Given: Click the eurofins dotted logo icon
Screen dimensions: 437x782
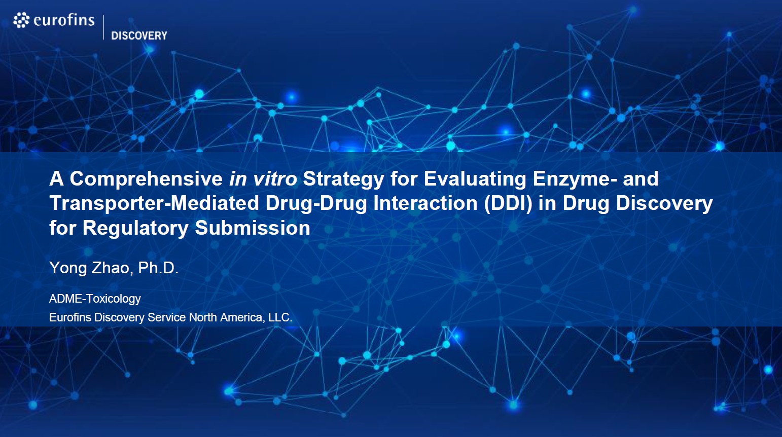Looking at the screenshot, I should (x=21, y=20).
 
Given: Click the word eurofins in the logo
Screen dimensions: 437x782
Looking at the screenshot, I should (x=64, y=20).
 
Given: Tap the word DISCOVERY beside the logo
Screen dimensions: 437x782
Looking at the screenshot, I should (x=139, y=35).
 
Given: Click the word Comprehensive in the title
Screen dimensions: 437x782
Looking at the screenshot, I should (x=146, y=179).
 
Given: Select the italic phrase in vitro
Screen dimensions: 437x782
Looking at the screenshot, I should (x=263, y=179).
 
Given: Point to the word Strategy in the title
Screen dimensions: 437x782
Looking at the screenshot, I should (x=343, y=179).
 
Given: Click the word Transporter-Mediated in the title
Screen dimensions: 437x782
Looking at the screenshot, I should (x=155, y=203).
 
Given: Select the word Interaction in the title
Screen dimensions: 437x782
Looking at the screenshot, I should (x=425, y=203).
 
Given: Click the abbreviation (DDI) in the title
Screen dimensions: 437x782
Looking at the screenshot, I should (x=508, y=203).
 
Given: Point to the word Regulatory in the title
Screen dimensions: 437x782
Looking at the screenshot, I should (x=135, y=228).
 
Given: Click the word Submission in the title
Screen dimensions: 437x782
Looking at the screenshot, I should (x=253, y=228).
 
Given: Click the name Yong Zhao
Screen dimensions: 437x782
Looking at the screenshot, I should (x=91, y=268).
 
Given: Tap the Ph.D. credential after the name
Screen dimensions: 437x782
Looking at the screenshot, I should (x=158, y=268).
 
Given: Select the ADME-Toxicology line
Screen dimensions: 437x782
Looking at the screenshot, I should (x=95, y=299).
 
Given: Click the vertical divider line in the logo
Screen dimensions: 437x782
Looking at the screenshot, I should (x=103, y=27).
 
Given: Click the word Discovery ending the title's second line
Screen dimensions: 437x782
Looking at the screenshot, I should (x=664, y=203).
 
